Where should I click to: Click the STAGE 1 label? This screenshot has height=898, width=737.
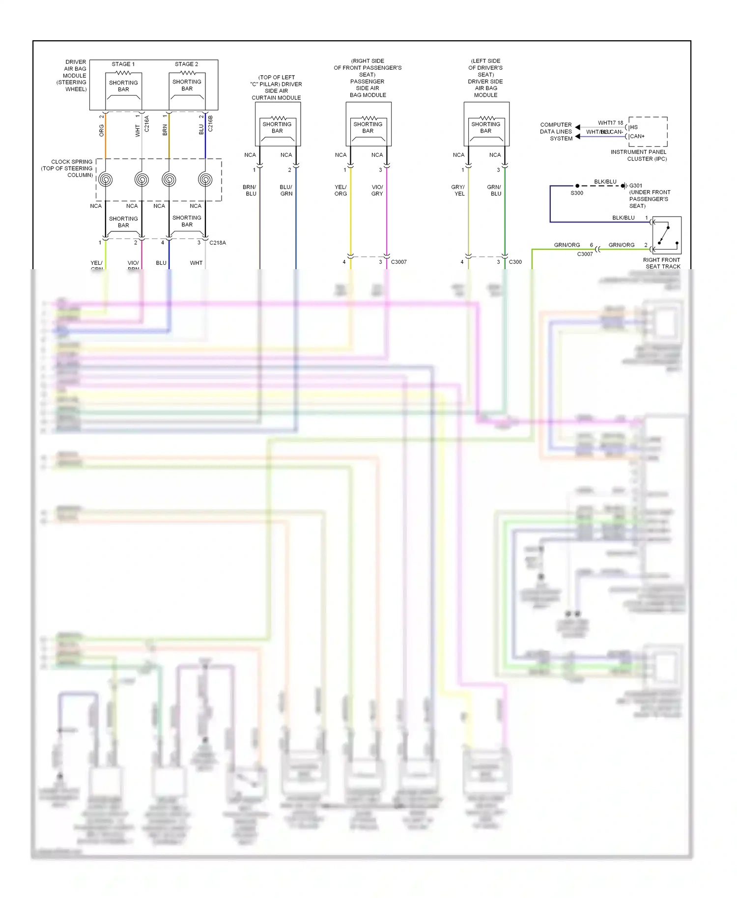coord(123,64)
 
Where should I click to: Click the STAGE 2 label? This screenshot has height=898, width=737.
coord(186,64)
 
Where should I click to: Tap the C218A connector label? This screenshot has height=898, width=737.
coord(218,243)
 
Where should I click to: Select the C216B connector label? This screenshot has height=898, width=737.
coord(211,124)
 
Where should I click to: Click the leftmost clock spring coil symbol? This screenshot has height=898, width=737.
coord(105,180)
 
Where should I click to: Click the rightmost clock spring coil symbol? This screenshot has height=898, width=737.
coord(205,180)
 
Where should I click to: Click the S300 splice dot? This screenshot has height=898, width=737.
coord(577,186)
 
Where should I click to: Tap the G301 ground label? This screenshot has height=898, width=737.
coord(636,186)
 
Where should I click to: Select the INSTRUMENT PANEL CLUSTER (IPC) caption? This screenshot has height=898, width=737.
coord(639,155)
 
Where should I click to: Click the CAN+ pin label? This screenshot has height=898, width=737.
coord(637,137)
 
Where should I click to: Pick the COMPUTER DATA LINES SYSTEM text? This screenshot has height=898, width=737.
coord(556,132)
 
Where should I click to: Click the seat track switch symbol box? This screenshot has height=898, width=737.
coord(667,235)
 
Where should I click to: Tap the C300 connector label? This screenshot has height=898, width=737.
coord(515,262)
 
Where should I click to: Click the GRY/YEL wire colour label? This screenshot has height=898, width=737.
coord(458,191)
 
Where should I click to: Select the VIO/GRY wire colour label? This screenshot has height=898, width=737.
coord(377,191)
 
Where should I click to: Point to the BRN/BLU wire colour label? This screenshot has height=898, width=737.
coord(250,191)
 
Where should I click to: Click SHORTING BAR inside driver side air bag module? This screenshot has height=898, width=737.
coord(485,128)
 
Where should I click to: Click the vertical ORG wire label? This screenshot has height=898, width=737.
coord(102,130)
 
